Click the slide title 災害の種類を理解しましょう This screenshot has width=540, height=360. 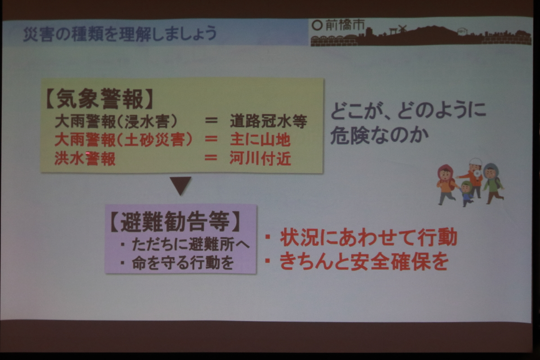point(120,34)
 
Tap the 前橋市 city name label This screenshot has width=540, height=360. point(345,25)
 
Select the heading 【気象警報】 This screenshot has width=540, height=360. point(99,99)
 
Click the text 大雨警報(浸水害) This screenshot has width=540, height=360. point(116,121)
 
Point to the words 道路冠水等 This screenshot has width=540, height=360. point(268,121)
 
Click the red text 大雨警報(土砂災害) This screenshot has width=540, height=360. point(123,140)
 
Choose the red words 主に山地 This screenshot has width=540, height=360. point(260,140)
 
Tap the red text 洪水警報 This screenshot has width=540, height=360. point(85,159)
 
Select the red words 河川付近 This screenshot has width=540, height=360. point(260,158)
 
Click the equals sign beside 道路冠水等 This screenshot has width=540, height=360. point(211,120)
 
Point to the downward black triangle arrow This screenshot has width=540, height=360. point(180,186)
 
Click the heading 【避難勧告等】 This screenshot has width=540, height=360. point(175,221)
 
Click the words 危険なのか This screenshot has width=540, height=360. point(379,135)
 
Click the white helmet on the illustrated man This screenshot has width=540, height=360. point(475,162)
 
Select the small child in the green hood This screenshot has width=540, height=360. point(467,193)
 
